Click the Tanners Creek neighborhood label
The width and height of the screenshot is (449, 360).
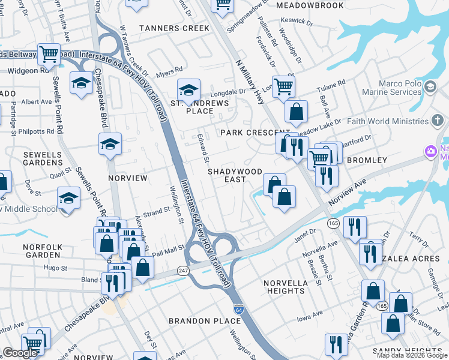coord(175,28)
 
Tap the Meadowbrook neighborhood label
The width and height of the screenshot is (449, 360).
coord(310,5)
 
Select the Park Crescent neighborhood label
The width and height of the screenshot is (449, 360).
coord(247,132)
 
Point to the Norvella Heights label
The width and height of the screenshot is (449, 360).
coord(285,286)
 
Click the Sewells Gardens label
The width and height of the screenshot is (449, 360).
coord(43,158)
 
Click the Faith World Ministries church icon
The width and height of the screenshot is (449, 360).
coord(439,121)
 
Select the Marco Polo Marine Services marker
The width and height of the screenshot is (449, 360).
coord(430,88)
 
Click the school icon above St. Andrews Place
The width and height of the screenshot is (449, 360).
coord(188,91)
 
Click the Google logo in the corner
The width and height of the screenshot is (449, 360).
coord(20,353)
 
